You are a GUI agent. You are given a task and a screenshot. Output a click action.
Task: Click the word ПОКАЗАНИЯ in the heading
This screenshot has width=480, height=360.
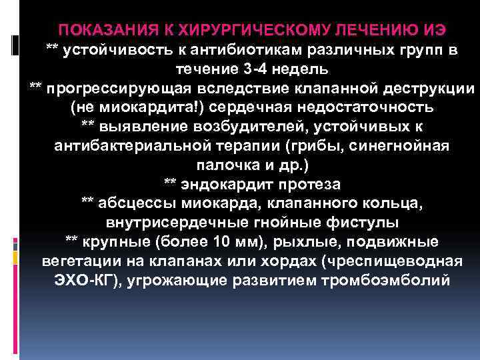[101, 31]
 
